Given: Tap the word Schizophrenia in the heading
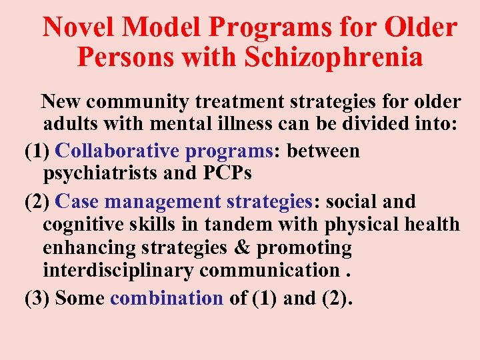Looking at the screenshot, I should click(x=334, y=57).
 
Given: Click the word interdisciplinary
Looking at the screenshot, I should click(x=118, y=271).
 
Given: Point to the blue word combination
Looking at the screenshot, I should click(x=166, y=299).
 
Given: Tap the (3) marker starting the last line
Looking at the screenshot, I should click(x=37, y=299).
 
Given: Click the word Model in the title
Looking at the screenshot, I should click(x=162, y=27).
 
